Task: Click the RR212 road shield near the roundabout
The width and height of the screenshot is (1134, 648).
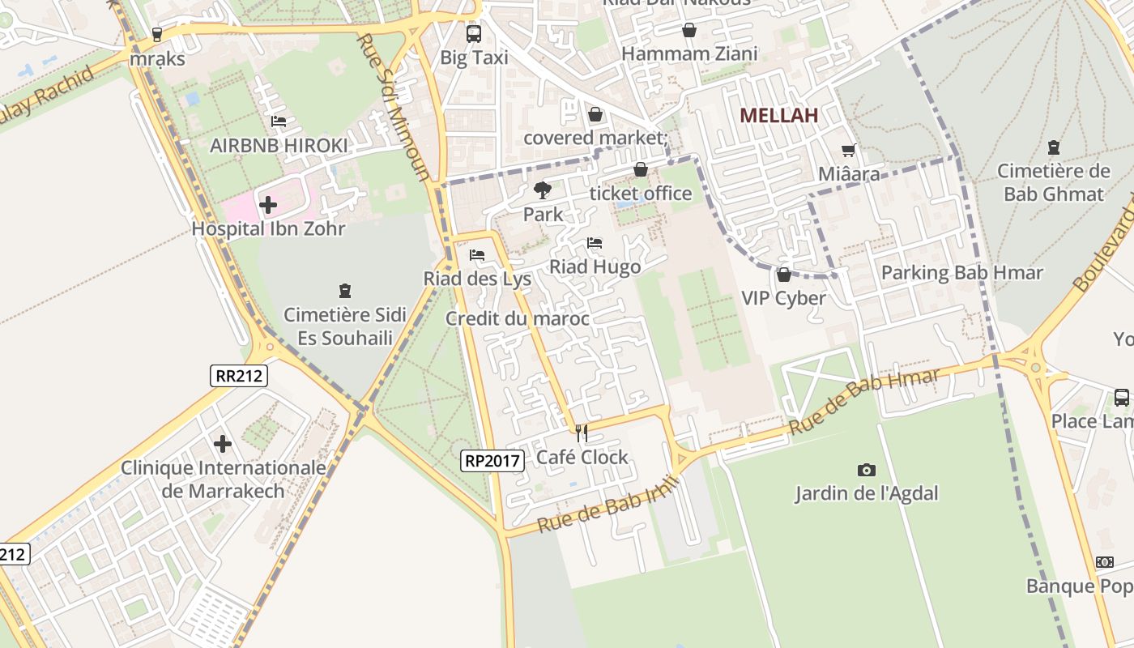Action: [239, 375]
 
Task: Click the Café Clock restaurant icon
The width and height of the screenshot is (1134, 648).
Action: [581, 433]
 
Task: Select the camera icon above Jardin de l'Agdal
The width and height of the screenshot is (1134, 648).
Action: [866, 470]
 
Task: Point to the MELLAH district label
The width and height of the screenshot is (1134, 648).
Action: [778, 116]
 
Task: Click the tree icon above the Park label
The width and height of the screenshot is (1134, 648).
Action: [542, 191]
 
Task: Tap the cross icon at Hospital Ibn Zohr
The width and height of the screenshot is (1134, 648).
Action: [267, 205]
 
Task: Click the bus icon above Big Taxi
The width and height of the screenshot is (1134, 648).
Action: [474, 34]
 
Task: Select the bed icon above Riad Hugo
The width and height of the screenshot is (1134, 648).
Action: [595, 243]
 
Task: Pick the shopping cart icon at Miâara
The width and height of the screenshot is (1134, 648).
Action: [848, 150]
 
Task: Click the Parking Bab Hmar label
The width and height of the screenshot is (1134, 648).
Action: [961, 273]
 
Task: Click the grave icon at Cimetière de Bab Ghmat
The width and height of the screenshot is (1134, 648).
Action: [1053, 147]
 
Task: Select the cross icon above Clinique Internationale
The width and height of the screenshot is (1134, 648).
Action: [223, 444]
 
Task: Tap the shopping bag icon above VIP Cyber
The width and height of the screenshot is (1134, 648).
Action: [783, 275]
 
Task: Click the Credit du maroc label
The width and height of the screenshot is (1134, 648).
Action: [517, 319]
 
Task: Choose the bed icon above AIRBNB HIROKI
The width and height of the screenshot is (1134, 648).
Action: [279, 122]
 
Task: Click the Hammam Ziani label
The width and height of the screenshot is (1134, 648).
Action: [688, 54]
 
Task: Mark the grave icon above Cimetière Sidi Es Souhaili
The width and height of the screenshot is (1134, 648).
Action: [345, 290]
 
